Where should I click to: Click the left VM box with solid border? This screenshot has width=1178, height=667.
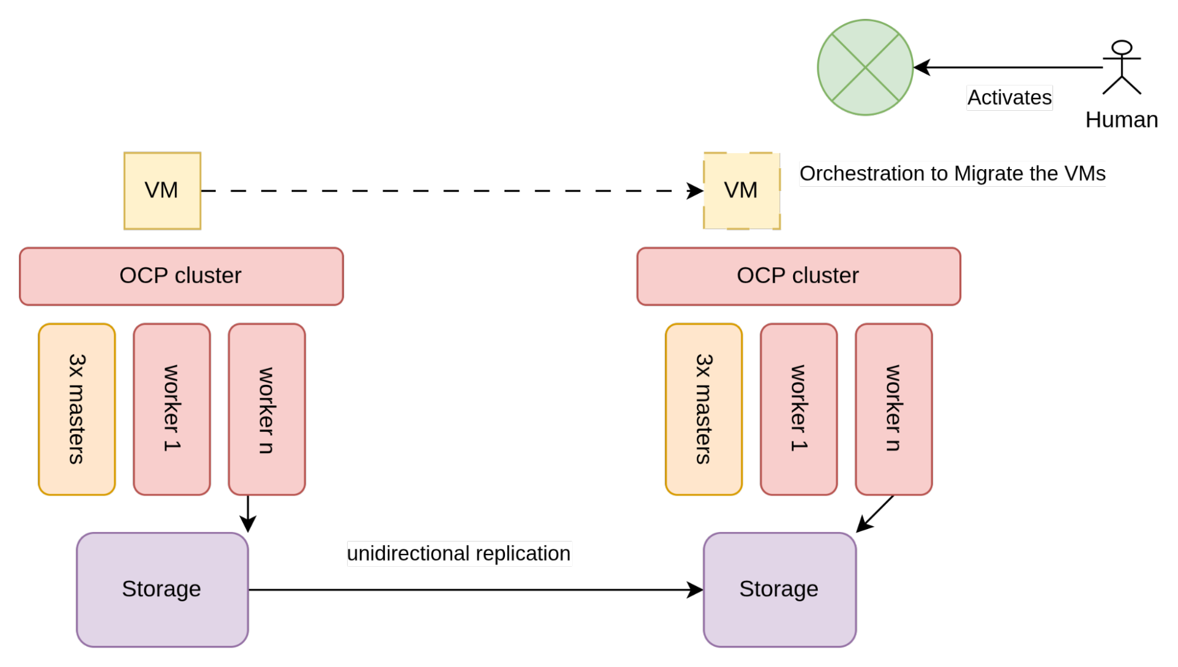pyautogui.click(x=162, y=191)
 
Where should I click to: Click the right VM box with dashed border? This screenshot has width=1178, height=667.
pyautogui.click(x=741, y=191)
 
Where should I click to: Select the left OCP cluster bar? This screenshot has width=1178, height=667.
pyautogui.click(x=181, y=276)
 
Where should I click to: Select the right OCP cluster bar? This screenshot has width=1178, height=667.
pyautogui.click(x=798, y=276)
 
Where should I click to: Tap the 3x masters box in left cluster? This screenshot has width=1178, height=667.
pyautogui.click(x=77, y=409)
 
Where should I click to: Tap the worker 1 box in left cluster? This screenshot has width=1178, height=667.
pyautogui.click(x=171, y=409)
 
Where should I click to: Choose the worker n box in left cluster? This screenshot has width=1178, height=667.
pyautogui.click(x=266, y=409)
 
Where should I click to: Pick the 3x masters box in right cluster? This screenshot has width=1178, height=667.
pyautogui.click(x=704, y=409)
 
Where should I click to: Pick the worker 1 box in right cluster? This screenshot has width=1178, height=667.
pyautogui.click(x=798, y=409)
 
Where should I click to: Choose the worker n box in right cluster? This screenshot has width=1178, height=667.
pyautogui.click(x=893, y=409)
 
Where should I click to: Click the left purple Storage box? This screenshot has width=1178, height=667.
pyautogui.click(x=162, y=589)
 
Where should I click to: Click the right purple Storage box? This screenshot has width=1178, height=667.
pyautogui.click(x=779, y=589)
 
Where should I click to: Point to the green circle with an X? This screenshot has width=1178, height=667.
pyautogui.click(x=864, y=68)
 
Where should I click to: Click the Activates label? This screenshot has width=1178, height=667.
pyautogui.click(x=1009, y=98)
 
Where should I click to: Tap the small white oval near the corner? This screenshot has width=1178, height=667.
pyautogui.click(x=1121, y=48)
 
